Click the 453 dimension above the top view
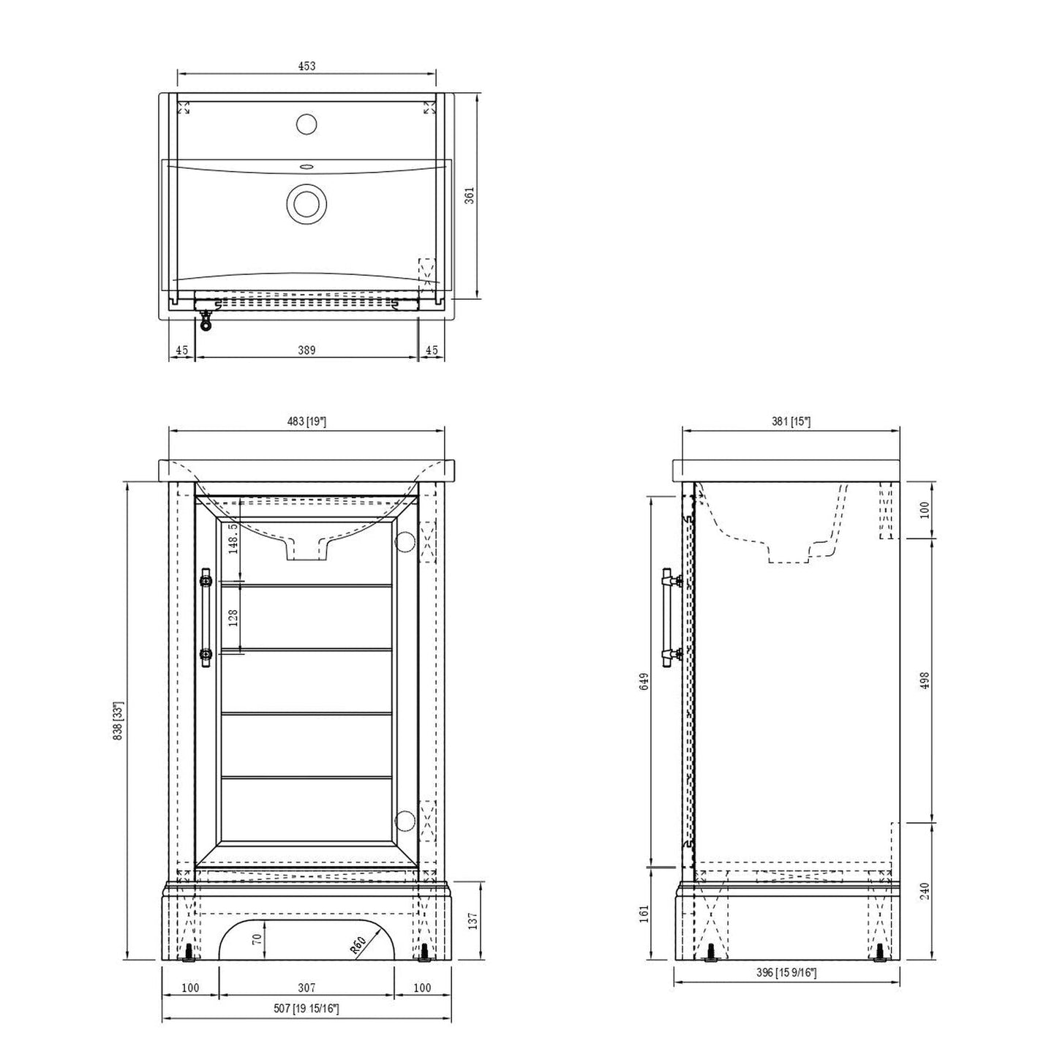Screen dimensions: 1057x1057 pyautogui.click(x=306, y=66)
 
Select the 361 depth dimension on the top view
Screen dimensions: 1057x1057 pyautogui.click(x=470, y=195)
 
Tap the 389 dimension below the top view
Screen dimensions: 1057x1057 pyautogui.click(x=306, y=350)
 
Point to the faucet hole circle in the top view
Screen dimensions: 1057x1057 pyautogui.click(x=306, y=124)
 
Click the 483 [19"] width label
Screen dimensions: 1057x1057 pyautogui.click(x=306, y=421)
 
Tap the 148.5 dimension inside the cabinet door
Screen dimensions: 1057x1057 pyautogui.click(x=233, y=539)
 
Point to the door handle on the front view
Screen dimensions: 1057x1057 pyautogui.click(x=206, y=617)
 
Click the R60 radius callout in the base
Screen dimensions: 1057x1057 pyautogui.click(x=358, y=946)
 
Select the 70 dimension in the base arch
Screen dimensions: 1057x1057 pyautogui.click(x=257, y=938)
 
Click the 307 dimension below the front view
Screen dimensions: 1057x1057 pyautogui.click(x=306, y=988)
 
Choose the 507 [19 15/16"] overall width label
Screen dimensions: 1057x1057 pyautogui.click(x=306, y=1009)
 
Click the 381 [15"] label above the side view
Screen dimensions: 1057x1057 pyautogui.click(x=791, y=421)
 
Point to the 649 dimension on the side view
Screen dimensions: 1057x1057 pyautogui.click(x=643, y=681)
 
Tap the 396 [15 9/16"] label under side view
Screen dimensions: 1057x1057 pyautogui.click(x=786, y=972)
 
